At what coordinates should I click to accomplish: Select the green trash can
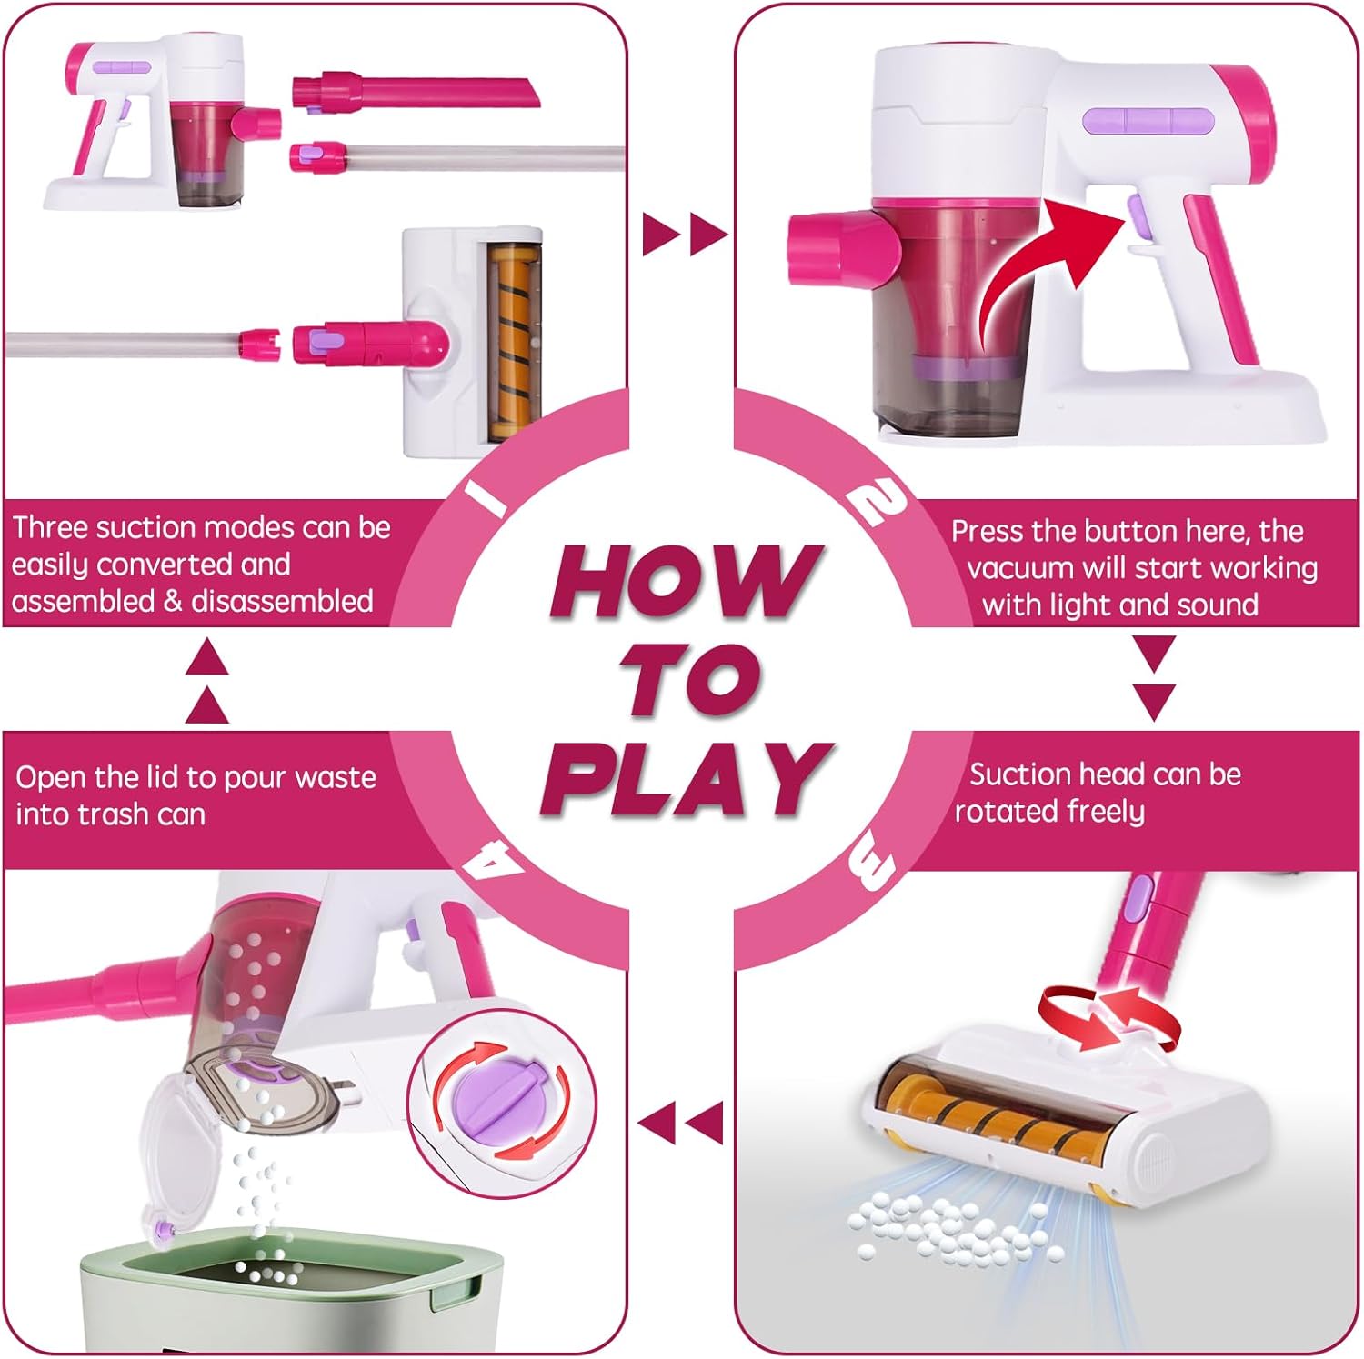coord(291,1291)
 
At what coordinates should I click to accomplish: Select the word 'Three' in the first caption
coord(50,527)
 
